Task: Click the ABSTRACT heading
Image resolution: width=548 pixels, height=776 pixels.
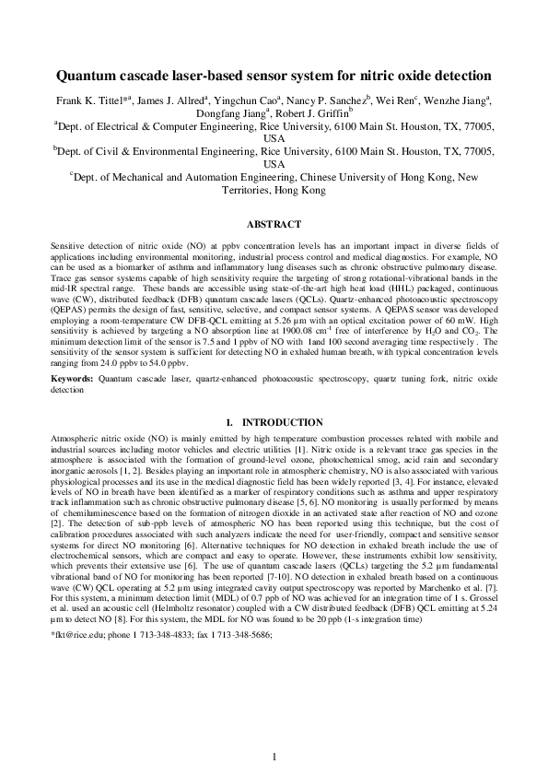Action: (x=274, y=225)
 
